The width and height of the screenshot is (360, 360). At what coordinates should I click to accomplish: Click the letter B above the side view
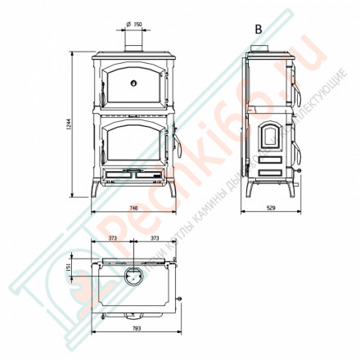(x=259, y=29)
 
